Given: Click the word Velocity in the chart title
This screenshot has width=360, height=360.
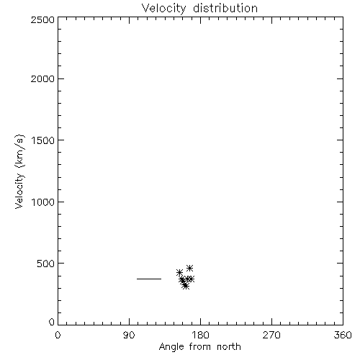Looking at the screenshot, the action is pyautogui.click(x=163, y=9).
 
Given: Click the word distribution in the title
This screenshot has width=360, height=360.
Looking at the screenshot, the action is pyautogui.click(x=225, y=8).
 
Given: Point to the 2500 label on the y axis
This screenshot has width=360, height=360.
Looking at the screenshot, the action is pyautogui.click(x=42, y=19).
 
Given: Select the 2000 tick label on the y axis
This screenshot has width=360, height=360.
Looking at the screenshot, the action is pyautogui.click(x=42, y=78).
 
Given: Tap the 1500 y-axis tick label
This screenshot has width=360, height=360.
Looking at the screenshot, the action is pyautogui.click(x=43, y=140).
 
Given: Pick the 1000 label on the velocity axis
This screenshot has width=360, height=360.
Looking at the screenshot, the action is pyautogui.click(x=43, y=202).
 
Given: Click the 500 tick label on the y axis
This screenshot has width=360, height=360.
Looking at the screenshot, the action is pyautogui.click(x=45, y=264).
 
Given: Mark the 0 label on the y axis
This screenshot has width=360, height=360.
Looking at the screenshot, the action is pyautogui.click(x=52, y=322).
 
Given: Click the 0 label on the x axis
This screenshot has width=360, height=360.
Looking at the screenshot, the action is pyautogui.click(x=58, y=335).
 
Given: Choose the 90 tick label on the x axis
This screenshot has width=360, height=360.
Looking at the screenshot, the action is pyautogui.click(x=129, y=335).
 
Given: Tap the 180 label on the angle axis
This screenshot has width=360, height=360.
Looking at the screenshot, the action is pyautogui.click(x=200, y=335).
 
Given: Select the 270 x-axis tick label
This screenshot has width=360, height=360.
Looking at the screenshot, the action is pyautogui.click(x=271, y=335).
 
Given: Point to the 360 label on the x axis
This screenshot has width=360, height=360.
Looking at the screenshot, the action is pyautogui.click(x=343, y=335).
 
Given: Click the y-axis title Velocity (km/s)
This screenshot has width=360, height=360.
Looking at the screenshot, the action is pyautogui.click(x=19, y=171).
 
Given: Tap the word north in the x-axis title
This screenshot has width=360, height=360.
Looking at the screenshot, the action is pyautogui.click(x=229, y=347).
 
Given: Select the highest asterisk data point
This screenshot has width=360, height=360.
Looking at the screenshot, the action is pyautogui.click(x=189, y=268).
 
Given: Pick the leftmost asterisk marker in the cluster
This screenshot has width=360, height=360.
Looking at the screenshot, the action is pyautogui.click(x=179, y=272).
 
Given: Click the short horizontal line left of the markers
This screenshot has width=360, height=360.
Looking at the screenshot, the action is pyautogui.click(x=149, y=279).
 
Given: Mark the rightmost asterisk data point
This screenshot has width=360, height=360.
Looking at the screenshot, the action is pyautogui.click(x=191, y=279).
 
